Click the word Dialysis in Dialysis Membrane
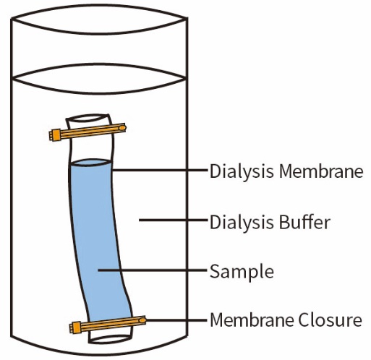click(242, 171)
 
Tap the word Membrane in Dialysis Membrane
click(321, 171)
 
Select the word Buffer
click(304, 222)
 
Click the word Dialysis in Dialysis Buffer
click(242, 222)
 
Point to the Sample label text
click(242, 272)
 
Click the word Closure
click(330, 320)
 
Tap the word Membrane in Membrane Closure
click(252, 320)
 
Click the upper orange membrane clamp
click(88, 132)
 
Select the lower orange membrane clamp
click(108, 324)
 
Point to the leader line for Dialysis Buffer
click(173, 220)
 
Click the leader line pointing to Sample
click(153, 270)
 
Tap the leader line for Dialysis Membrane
click(160, 170)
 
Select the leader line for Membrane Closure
click(176, 320)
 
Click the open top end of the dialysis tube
click(88, 119)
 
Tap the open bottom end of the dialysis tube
click(111, 339)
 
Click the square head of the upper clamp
click(55, 135)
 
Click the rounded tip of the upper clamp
click(122, 127)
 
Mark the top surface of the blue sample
click(90, 163)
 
